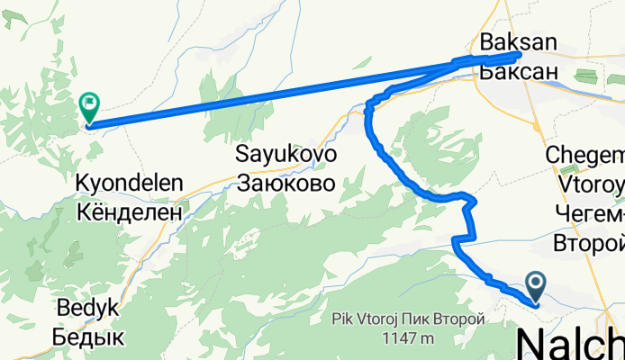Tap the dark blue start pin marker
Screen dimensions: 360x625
536,287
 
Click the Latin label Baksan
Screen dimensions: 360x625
519,41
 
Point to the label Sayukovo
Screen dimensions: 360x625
286,154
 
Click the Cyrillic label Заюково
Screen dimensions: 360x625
286,184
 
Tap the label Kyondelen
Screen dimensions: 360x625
131,184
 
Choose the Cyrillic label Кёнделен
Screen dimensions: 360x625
131,212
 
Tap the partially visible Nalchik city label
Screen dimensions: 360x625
571,342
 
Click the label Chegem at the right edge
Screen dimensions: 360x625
586,156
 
